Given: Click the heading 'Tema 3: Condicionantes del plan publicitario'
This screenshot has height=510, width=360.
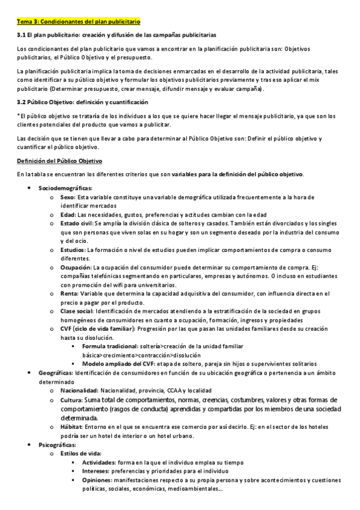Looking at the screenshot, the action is pos(79,22).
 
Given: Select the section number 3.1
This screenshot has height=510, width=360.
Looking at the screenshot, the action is pos(23,35).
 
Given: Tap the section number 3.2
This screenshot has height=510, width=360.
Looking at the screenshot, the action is pos(23,102).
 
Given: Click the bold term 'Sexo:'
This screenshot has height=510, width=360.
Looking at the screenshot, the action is pos(68,197).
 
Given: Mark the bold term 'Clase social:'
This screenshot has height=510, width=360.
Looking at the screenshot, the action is pos(76,312).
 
